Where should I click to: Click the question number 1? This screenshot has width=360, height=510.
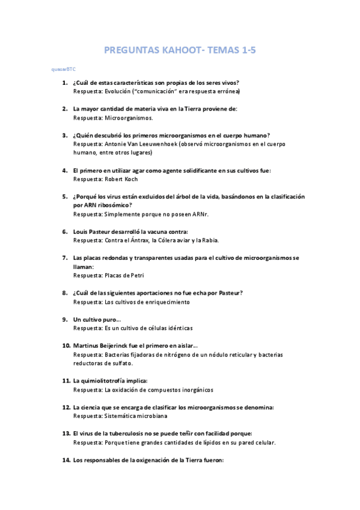coord(64,83)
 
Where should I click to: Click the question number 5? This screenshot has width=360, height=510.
coord(64,197)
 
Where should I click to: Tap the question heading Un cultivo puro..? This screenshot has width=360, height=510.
coord(97,319)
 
